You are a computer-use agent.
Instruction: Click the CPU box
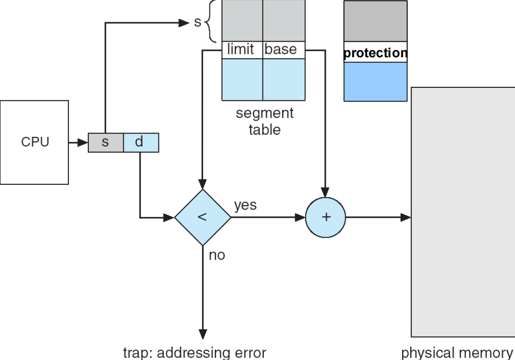(x=34, y=142)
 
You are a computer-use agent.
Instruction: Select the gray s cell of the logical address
(x=106, y=143)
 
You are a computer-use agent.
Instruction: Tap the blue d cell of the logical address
(x=141, y=143)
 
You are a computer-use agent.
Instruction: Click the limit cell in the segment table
(x=241, y=49)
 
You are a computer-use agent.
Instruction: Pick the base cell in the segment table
(x=284, y=49)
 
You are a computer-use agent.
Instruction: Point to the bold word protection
(x=375, y=53)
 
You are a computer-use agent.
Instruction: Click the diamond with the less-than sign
(x=203, y=217)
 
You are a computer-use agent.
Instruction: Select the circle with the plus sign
(x=325, y=217)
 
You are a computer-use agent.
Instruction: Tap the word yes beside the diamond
(x=245, y=205)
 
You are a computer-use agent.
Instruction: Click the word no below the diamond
(x=217, y=255)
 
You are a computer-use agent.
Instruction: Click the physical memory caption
(x=456, y=352)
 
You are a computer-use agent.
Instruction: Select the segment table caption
(x=265, y=121)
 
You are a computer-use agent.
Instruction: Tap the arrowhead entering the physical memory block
(x=406, y=217)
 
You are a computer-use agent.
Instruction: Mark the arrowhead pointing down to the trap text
(x=203, y=334)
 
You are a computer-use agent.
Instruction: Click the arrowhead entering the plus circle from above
(x=325, y=192)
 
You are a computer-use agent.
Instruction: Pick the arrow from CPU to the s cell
(x=78, y=143)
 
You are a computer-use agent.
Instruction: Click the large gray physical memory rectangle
(x=463, y=212)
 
